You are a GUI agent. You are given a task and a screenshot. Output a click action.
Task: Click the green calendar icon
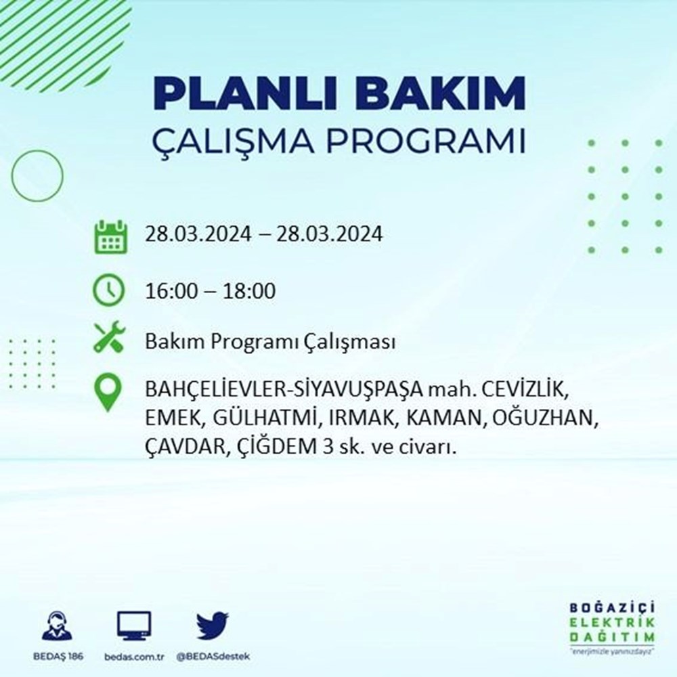click(110, 236)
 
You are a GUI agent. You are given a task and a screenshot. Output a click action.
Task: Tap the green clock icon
click(109, 291)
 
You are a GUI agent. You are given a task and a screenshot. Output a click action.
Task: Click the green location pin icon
click(109, 393)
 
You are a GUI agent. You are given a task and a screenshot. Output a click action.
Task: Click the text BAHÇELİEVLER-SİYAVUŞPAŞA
click(283, 391)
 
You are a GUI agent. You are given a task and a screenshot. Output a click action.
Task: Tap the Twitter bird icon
click(213, 626)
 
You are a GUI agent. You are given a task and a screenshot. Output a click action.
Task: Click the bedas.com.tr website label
click(135, 657)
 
